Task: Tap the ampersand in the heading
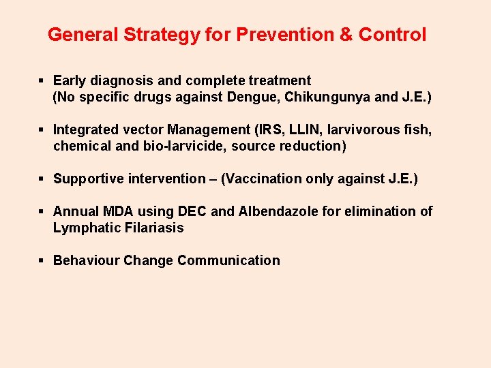345,35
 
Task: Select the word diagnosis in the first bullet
119,80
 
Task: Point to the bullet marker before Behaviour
42,260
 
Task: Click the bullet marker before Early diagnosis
42,80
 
